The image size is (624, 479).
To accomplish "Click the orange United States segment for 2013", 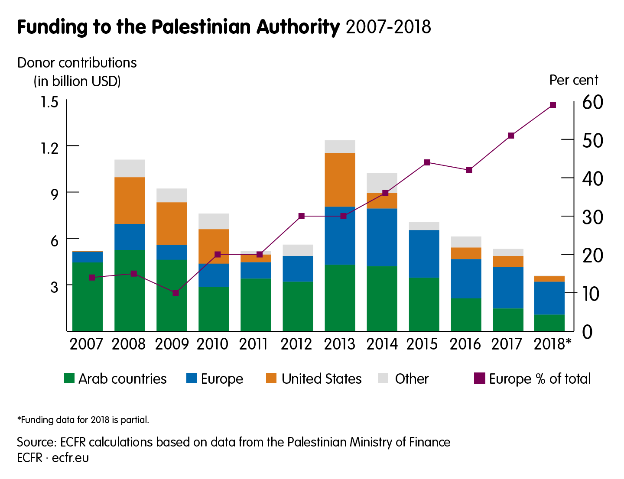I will [340, 180].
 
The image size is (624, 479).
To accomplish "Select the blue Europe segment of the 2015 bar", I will [424, 254].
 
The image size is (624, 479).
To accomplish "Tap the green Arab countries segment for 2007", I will [88, 297].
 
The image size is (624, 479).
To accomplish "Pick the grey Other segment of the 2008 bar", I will [130, 168].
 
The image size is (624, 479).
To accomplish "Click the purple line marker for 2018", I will [552, 105].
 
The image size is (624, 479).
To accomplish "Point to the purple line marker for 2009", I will [175, 293].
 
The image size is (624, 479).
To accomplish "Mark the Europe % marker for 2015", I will [427, 162].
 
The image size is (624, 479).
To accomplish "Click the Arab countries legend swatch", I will [69, 379].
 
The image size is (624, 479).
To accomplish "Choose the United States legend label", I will [321, 379].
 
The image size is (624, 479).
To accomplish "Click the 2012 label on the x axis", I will [296, 344].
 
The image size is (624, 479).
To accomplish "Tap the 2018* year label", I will [552, 344].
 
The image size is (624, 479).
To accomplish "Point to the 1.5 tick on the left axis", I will [49, 102].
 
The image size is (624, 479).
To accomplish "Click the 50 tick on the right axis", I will [592, 140].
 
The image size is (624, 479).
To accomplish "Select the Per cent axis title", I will [574, 80].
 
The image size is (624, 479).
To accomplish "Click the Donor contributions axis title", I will [77, 63].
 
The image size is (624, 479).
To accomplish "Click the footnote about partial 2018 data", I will [83, 420].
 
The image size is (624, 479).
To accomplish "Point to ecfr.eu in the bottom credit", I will [70, 458].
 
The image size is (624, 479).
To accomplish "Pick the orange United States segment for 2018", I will [549, 279].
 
